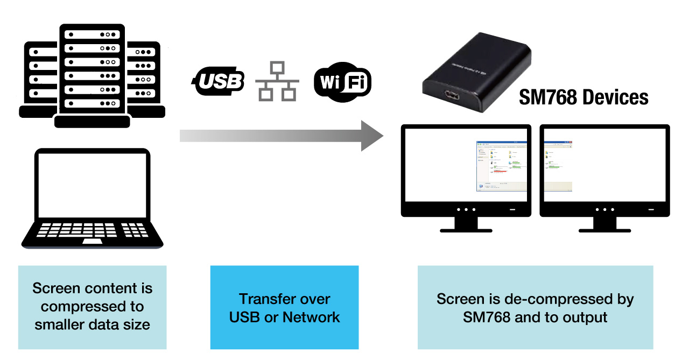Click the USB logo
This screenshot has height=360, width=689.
[219, 82]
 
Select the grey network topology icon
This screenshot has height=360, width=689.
[277, 81]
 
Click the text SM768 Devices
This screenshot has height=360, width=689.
[583, 97]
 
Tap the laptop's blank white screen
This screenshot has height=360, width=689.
[92, 182]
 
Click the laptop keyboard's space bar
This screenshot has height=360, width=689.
[92, 241]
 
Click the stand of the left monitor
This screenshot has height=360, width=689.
[466, 224]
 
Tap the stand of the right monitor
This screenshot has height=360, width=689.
[604, 224]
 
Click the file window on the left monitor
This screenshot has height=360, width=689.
[501, 166]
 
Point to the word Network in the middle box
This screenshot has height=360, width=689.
[311, 317]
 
